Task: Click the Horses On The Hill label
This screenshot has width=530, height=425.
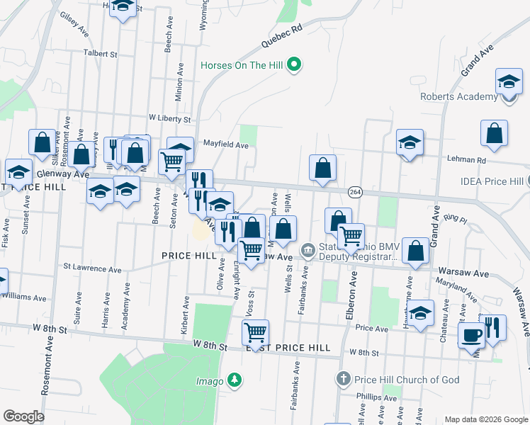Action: pos(242,66)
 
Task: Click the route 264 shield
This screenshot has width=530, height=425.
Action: pos(355,193)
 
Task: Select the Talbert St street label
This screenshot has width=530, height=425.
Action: pos(99,53)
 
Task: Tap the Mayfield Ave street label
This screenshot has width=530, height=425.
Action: pos(226,144)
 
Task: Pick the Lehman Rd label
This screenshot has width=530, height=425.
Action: pos(466,160)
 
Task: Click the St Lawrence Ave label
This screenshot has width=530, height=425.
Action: pos(92,268)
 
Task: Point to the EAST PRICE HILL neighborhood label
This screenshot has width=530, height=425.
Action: pos(288,348)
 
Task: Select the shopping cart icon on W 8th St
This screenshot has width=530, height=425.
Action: pos(255,331)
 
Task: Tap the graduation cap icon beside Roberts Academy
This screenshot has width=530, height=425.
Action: pos(509,81)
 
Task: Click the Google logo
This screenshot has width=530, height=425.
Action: pos(23,416)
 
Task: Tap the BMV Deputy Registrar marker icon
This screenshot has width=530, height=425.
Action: pos(308,249)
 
